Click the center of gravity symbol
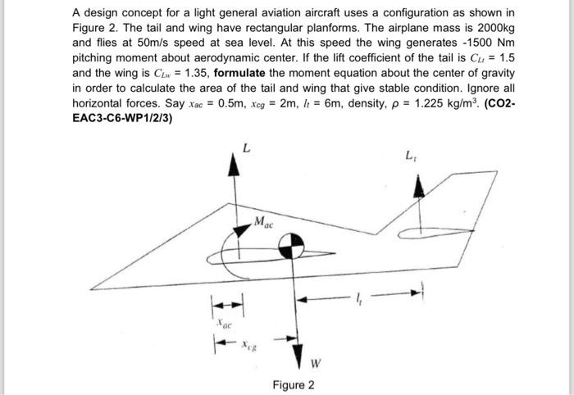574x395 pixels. coord(293,244)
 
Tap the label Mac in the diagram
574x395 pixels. coord(264,220)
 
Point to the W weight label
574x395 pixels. coord(314,363)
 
